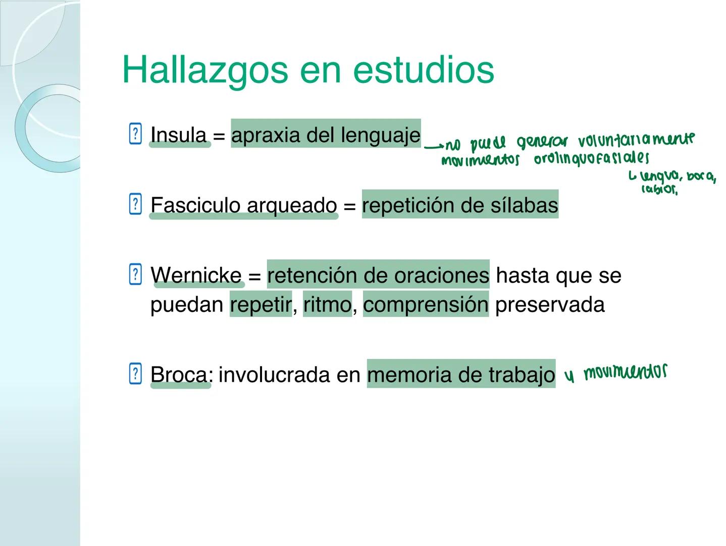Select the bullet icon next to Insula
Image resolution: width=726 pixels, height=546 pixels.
[135, 134]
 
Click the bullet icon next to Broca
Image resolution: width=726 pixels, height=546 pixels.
[135, 374]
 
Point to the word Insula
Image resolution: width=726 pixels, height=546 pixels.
[179, 135]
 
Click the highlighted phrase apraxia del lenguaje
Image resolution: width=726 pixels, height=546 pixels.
[326, 134]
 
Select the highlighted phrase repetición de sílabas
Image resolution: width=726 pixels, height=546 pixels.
[460, 205]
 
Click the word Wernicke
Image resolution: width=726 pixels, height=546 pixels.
[196, 276]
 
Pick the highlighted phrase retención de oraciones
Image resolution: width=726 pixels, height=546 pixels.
[378, 275]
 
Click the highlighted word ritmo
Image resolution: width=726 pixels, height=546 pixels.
[327, 305]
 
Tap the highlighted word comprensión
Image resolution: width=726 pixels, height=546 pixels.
[426, 305]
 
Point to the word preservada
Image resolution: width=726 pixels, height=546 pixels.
[550, 305]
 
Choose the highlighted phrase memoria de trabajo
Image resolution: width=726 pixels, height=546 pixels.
[461, 375]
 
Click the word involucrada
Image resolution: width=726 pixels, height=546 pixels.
[290, 375]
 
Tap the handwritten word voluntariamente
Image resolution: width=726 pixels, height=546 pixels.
[636, 140]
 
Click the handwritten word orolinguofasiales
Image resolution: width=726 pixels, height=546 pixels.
[591, 159]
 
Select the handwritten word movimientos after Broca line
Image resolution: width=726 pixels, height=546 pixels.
[625, 373]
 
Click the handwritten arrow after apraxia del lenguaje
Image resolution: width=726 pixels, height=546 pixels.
[433, 147]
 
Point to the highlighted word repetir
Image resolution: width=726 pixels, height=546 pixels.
[261, 305]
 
